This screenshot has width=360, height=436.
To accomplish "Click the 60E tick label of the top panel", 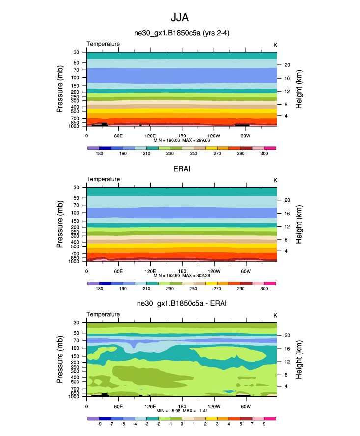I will click(118, 135).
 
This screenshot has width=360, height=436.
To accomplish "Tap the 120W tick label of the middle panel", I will click(214, 271).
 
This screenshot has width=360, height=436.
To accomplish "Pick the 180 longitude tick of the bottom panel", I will click(182, 406).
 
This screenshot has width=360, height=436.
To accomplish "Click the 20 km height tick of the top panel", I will click(287, 65).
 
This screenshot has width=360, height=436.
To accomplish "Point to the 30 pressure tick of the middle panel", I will click(76, 187).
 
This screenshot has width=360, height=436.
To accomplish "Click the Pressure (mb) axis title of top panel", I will click(60, 89).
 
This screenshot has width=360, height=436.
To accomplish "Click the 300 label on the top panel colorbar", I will click(264, 154).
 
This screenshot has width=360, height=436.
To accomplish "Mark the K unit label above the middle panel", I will click(275, 180).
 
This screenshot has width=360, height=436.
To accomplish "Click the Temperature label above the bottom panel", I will click(103, 314).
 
